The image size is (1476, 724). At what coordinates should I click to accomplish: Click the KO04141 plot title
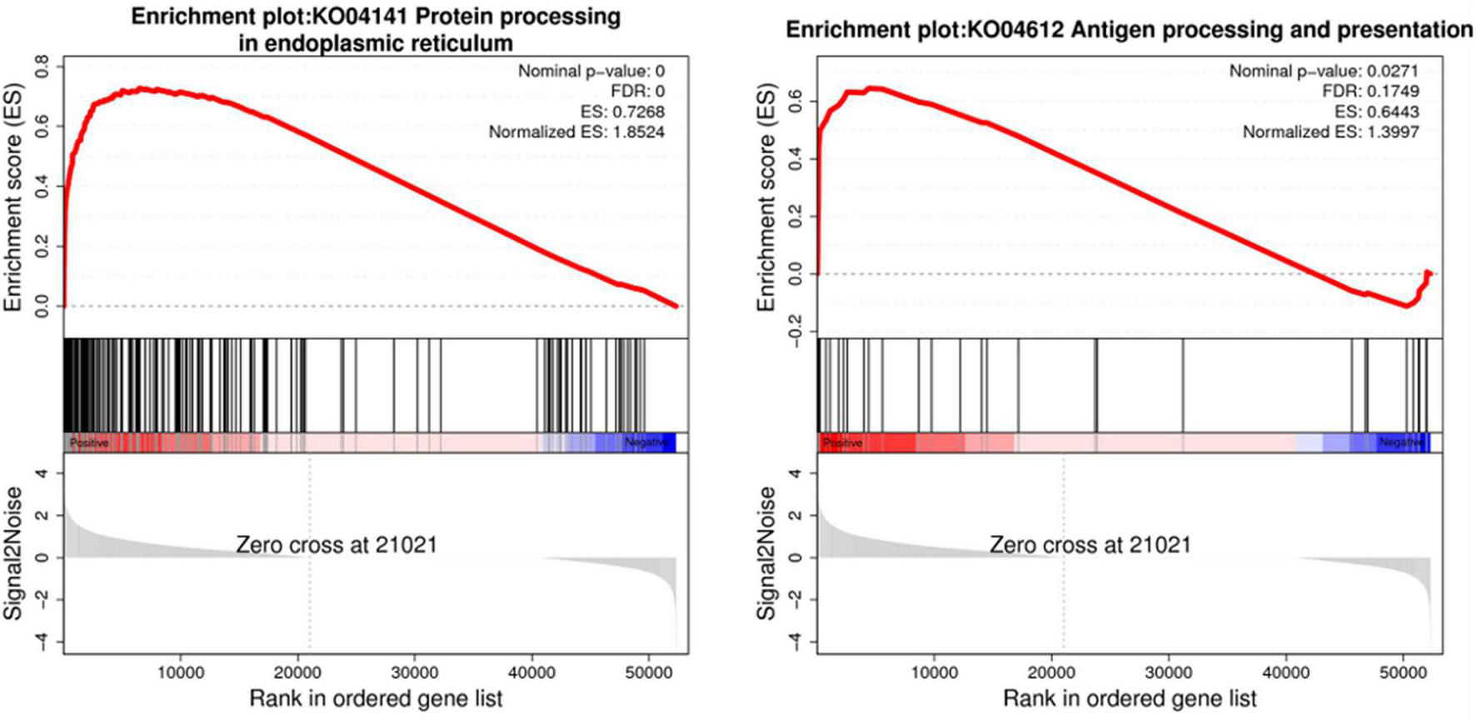tap(376, 29)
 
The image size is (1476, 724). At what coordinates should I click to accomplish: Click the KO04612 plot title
tap(1129, 30)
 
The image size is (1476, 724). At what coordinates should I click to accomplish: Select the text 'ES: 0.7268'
tap(622, 112)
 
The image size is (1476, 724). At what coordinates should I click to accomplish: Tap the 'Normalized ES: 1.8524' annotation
tap(576, 132)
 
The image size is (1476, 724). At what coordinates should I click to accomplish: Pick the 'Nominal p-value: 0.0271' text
tap(1324, 71)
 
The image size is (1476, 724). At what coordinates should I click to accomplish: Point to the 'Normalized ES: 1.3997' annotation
tap(1330, 132)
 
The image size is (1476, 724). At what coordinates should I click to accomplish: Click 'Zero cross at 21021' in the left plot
tap(337, 545)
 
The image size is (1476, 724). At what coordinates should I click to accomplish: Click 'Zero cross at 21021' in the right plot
tap(1090, 545)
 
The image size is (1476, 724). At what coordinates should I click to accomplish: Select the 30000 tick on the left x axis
tap(415, 672)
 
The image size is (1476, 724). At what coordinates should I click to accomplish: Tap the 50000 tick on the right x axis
tap(1403, 672)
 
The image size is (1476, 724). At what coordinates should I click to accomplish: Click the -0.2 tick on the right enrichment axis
tap(795, 335)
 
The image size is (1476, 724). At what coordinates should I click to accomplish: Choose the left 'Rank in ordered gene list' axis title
tap(376, 698)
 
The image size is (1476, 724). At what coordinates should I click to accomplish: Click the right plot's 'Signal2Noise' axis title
tap(765, 554)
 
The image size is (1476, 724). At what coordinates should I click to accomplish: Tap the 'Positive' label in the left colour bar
tap(88, 442)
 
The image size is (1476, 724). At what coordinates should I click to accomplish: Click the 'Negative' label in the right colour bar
tap(1400, 442)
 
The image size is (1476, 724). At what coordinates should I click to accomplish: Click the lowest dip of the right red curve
tap(1406, 306)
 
